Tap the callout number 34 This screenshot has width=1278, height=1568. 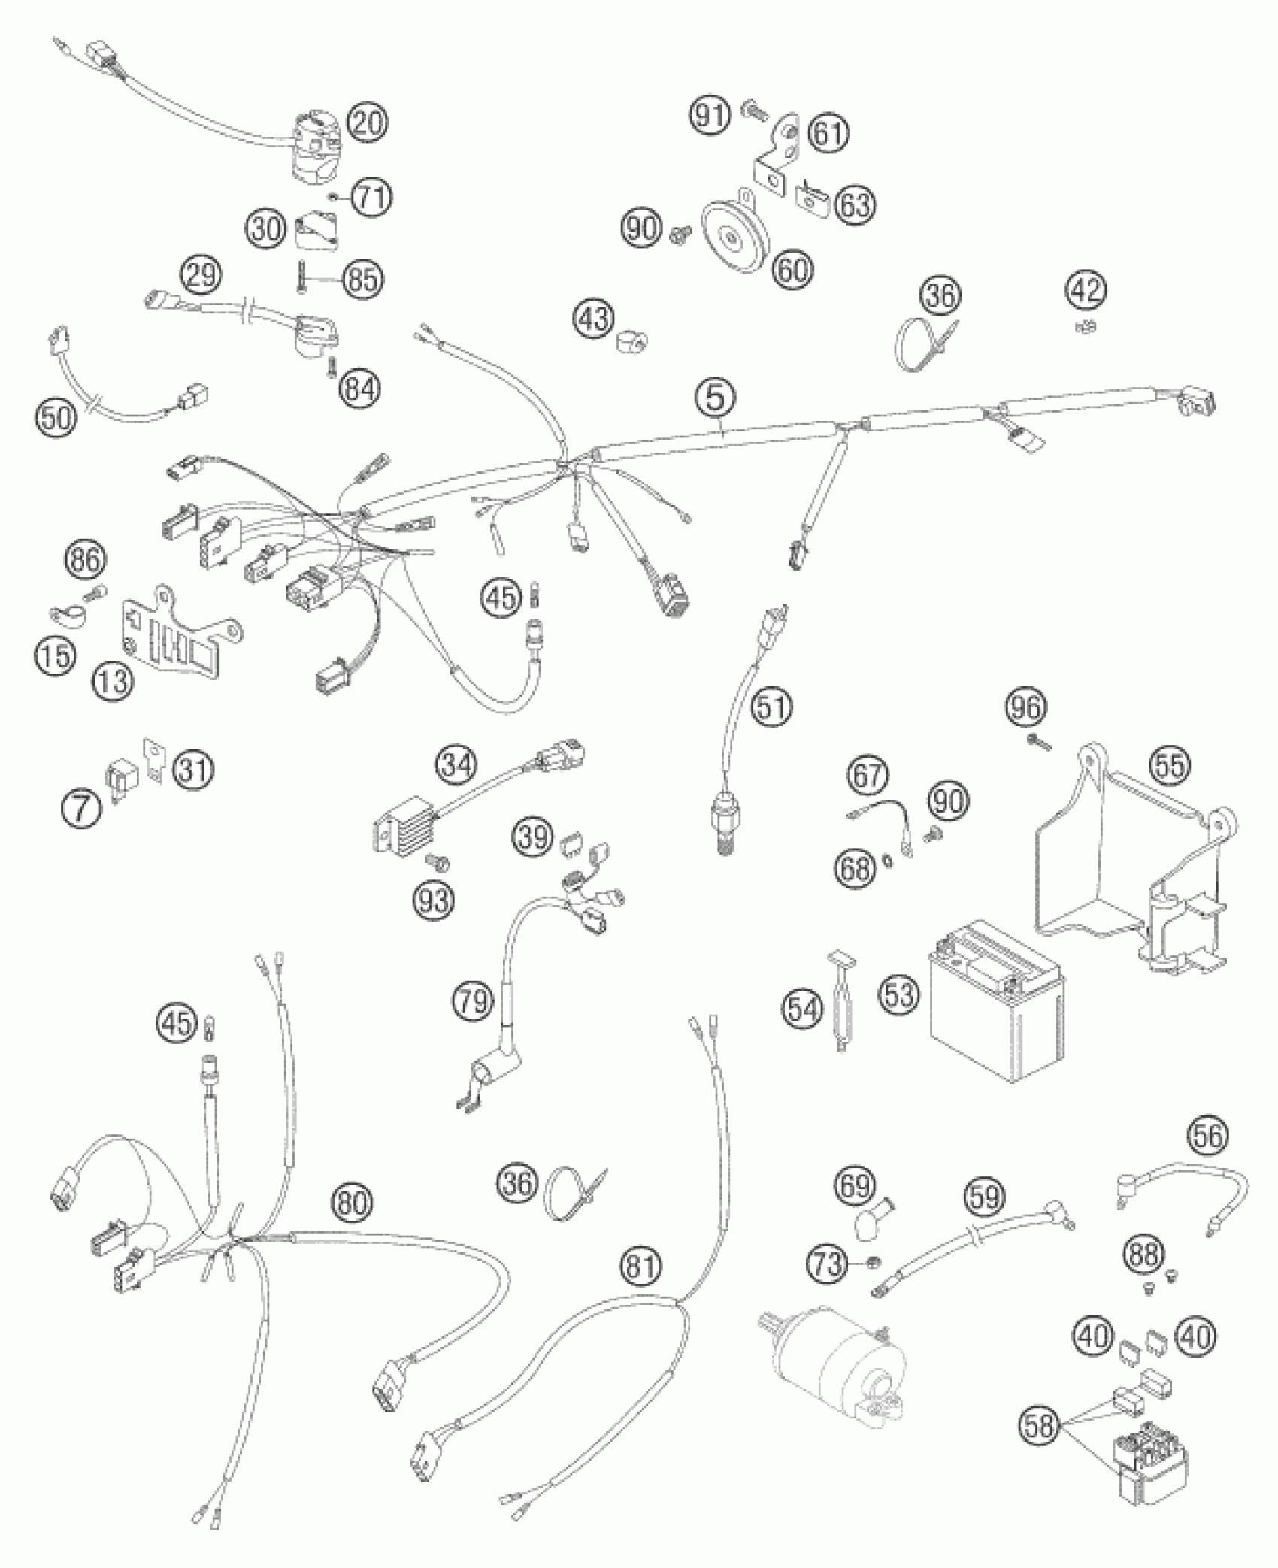(x=457, y=766)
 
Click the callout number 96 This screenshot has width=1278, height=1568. (x=1027, y=707)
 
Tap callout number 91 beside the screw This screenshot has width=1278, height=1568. (x=710, y=117)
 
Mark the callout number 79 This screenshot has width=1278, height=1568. (x=474, y=1003)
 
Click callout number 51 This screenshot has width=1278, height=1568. (x=773, y=707)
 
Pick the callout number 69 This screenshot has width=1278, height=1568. (x=856, y=1188)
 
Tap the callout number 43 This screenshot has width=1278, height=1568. (x=594, y=319)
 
